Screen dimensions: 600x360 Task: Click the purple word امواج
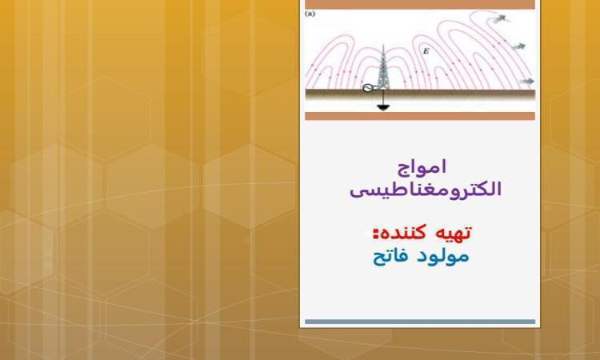(422, 167)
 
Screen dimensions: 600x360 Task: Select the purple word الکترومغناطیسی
(426, 190)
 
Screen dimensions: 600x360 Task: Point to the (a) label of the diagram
(310, 14)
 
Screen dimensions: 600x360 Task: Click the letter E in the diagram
(426, 51)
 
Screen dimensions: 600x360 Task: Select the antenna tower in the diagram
(382, 68)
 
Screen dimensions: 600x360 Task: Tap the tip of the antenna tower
(382, 45)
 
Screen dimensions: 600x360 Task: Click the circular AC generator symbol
(367, 88)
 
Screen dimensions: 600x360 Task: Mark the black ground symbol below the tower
(383, 108)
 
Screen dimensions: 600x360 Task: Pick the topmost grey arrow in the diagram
(500, 18)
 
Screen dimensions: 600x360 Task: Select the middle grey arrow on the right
(518, 46)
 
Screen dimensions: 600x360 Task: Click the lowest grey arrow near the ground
(527, 81)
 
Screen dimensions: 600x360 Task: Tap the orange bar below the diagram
(420, 116)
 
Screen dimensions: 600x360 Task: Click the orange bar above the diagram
(420, 4)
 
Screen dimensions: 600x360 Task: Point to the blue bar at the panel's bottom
(420, 322)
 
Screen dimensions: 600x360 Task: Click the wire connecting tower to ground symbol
(383, 98)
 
